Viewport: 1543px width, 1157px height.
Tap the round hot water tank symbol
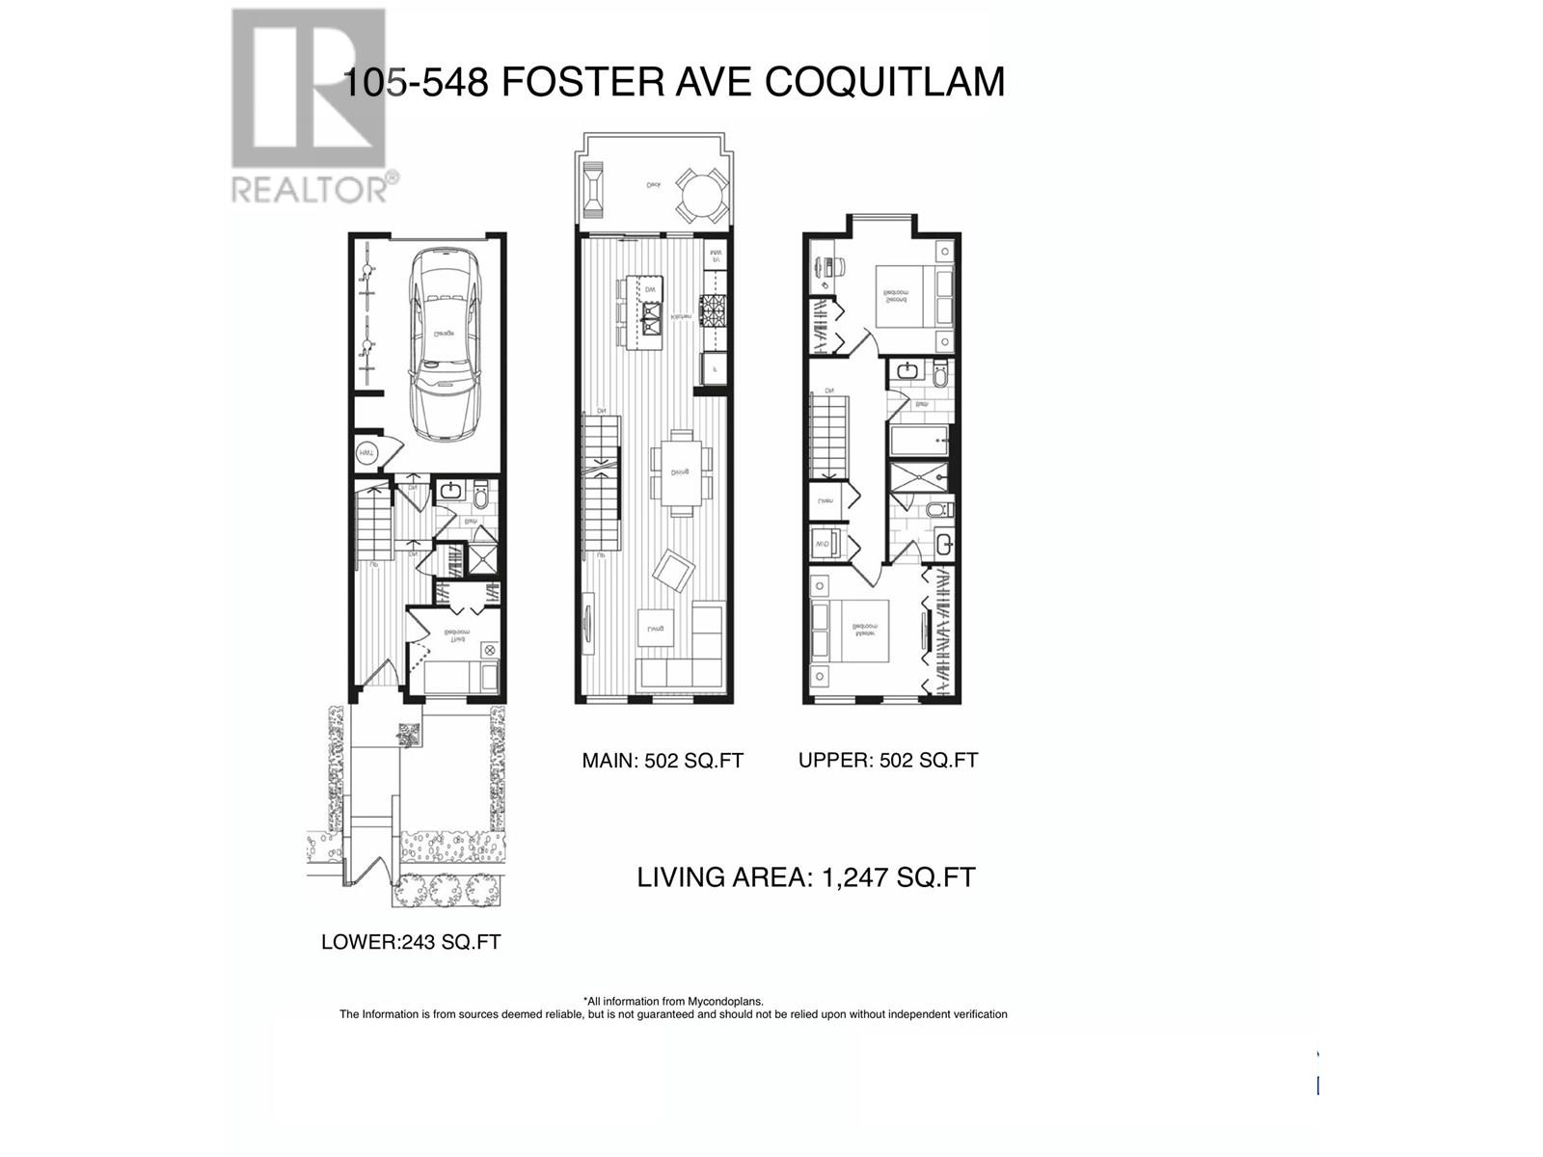tap(367, 452)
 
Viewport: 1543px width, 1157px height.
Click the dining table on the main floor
tap(681, 472)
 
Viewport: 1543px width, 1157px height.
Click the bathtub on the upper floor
tap(919, 444)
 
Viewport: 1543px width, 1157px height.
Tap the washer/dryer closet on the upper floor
tap(826, 545)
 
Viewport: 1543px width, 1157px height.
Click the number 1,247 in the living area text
tap(855, 877)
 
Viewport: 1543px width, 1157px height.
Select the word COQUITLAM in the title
tap(884, 82)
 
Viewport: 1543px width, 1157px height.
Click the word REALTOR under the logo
tap(309, 187)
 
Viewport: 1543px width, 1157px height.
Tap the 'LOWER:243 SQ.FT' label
tap(411, 942)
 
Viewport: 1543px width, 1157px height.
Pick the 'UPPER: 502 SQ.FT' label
tap(888, 760)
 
